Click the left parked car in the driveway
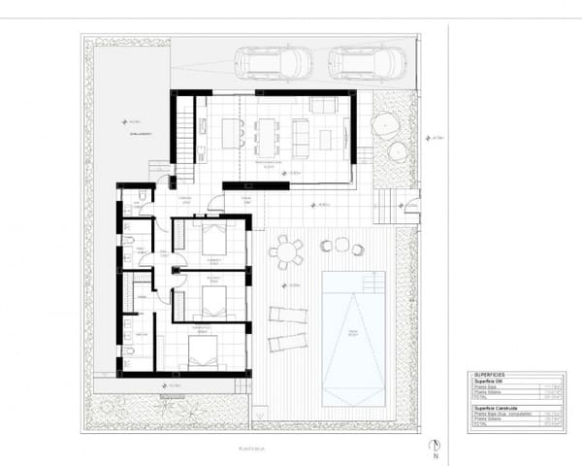pos(275,63)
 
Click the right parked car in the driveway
pos(366,63)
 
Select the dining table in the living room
pos(266,135)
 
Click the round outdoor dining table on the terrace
pos(285,252)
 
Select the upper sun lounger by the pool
pos(287,314)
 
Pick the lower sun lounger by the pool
pos(287,341)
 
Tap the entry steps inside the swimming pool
pos(373,283)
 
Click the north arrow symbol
pos(436,448)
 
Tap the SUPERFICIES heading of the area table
pos(491,374)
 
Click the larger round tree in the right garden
pos(385,124)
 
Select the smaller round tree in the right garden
pos(398,151)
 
